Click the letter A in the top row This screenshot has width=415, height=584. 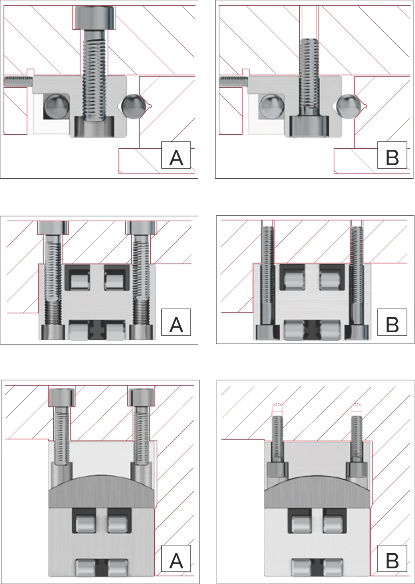(x=176, y=158)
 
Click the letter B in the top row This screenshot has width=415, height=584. (x=392, y=158)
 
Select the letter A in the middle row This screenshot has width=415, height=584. (x=176, y=325)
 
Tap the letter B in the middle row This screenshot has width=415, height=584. (x=392, y=325)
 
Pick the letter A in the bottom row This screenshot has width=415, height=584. (x=176, y=561)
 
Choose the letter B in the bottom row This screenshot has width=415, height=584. (x=392, y=561)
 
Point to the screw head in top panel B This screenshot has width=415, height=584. (x=308, y=126)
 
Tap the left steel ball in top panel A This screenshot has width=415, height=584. (x=56, y=106)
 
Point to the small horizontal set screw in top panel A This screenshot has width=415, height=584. (x=18, y=81)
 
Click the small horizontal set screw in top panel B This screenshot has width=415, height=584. (x=234, y=81)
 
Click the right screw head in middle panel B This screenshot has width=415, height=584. (x=357, y=332)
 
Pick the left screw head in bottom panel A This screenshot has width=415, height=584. (x=62, y=397)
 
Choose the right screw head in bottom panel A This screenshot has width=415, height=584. (x=141, y=397)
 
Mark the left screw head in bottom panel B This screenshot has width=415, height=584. (x=278, y=469)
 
